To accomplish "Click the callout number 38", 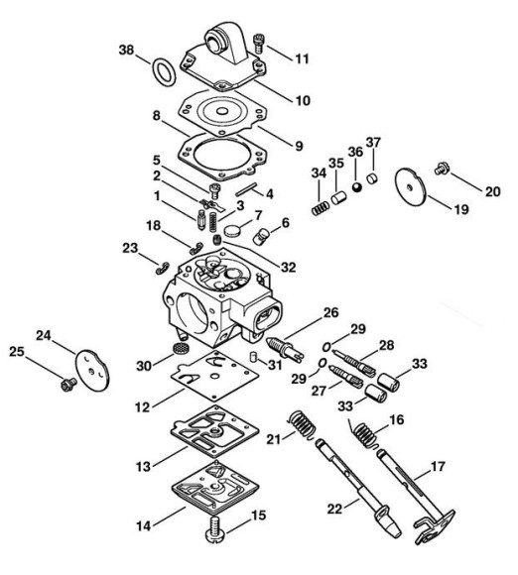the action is click(x=126, y=50).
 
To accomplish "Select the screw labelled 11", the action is click(x=259, y=43).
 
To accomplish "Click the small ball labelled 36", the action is click(x=356, y=186).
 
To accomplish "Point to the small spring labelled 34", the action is click(x=321, y=208).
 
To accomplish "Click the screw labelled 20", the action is click(x=441, y=169).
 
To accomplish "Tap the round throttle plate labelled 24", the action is click(x=92, y=370).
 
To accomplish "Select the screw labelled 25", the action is click(x=67, y=385).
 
